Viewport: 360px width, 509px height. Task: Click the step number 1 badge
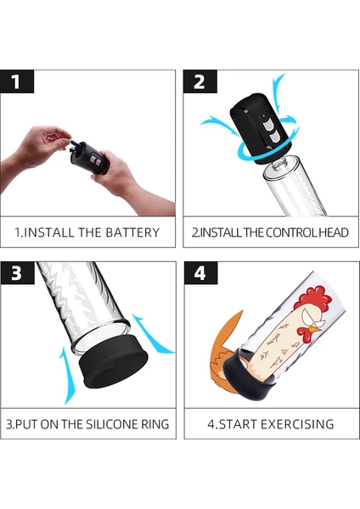17,81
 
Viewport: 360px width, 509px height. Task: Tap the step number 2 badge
200,81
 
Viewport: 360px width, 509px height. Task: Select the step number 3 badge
17,273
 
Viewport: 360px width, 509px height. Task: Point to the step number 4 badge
200,273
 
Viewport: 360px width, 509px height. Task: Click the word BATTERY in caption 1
132,232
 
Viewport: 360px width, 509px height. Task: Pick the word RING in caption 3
155,424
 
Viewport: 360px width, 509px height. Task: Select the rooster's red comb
313,297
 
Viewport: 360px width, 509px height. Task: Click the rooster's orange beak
314,329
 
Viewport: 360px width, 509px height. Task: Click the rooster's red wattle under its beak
304,333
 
